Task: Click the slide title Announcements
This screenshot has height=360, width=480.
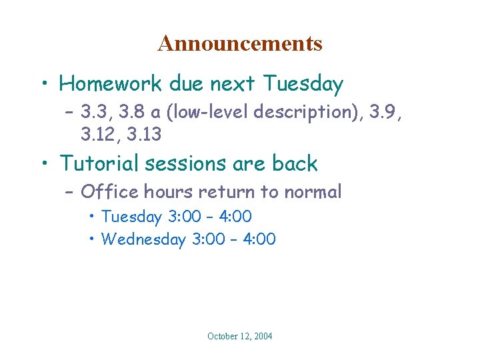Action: [240, 44]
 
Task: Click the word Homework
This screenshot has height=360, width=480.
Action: [111, 84]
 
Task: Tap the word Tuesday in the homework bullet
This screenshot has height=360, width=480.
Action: [303, 84]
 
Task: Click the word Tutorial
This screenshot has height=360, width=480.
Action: [100, 163]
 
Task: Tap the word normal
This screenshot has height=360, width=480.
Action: [312, 193]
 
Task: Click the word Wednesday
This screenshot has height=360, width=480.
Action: [143, 239]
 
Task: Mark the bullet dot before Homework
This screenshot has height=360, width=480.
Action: [44, 85]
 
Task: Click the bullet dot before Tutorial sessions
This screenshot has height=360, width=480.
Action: [44, 164]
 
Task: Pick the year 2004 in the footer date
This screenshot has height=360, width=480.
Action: [262, 337]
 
